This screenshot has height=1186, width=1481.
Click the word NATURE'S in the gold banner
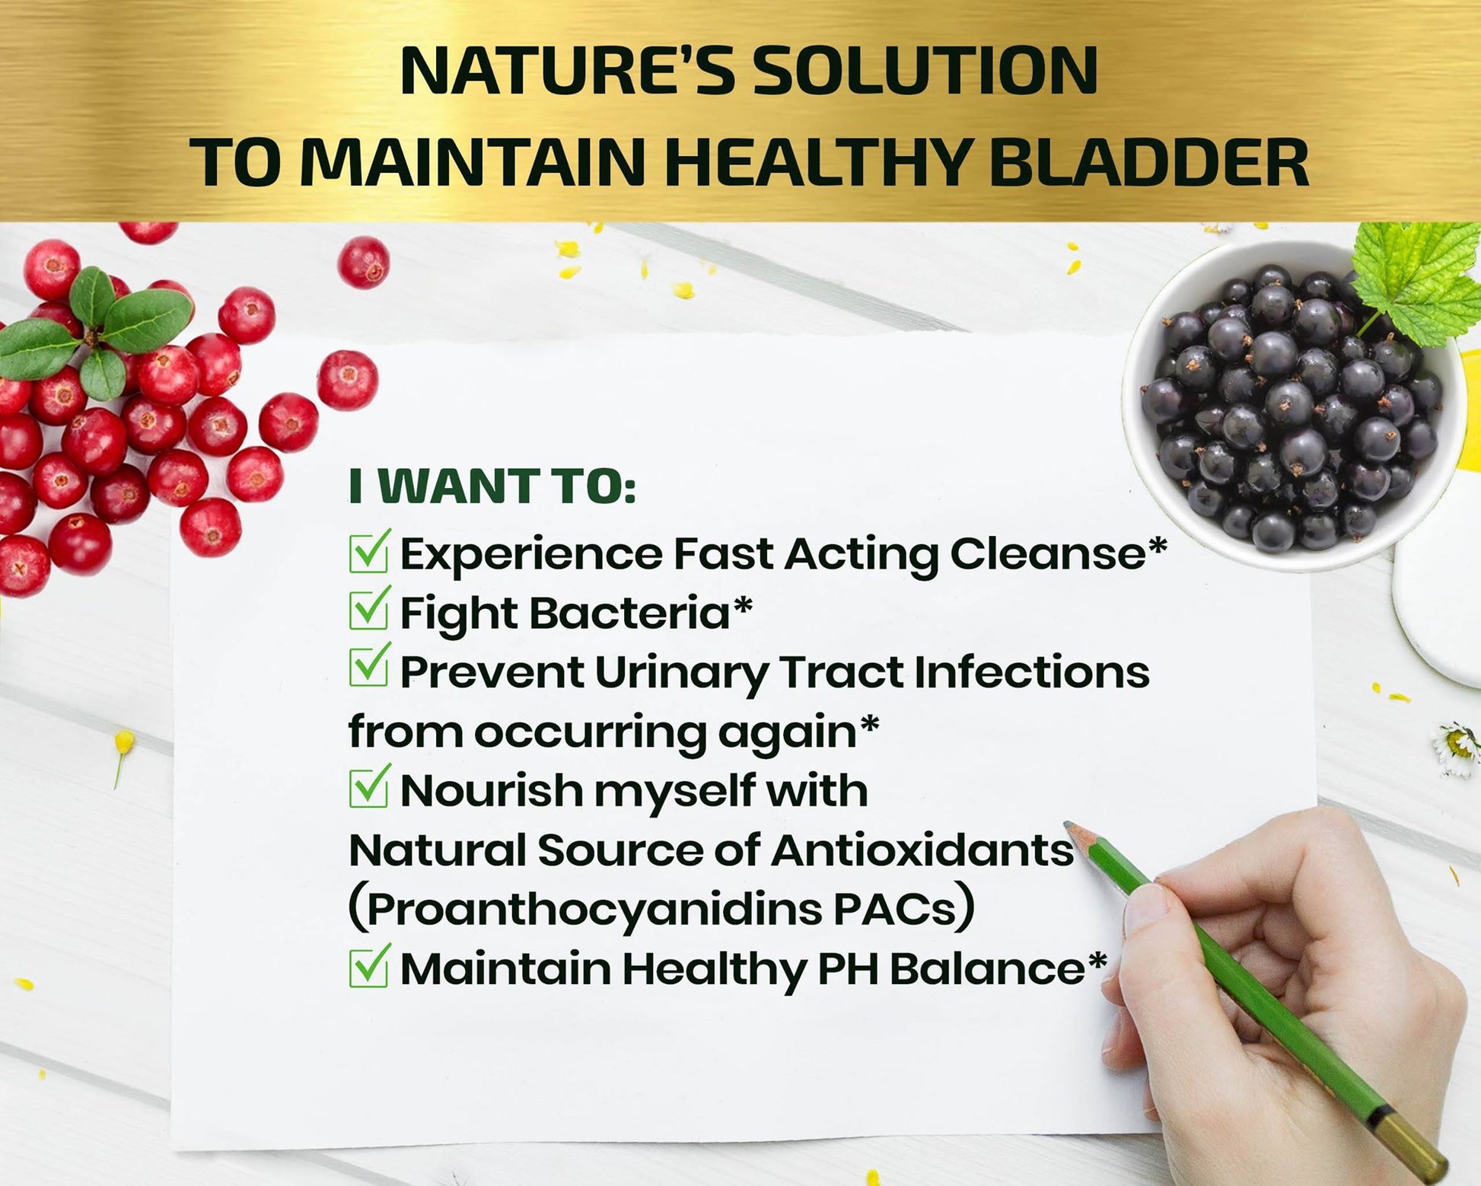(x=566, y=71)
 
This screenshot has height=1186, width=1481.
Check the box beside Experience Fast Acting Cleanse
(x=370, y=551)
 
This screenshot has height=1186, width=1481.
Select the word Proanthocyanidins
(x=594, y=910)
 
